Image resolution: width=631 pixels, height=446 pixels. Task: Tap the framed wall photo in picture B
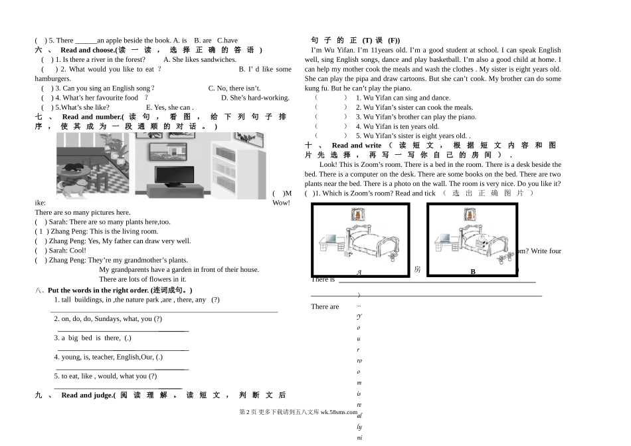point(471,214)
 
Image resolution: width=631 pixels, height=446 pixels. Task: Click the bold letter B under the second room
point(473,272)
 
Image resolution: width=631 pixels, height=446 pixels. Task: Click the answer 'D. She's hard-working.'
point(255,98)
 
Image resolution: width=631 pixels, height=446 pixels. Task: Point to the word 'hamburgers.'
point(52,78)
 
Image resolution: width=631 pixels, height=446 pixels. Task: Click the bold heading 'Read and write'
point(357,146)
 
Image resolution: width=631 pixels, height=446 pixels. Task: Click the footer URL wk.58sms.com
point(339,412)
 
